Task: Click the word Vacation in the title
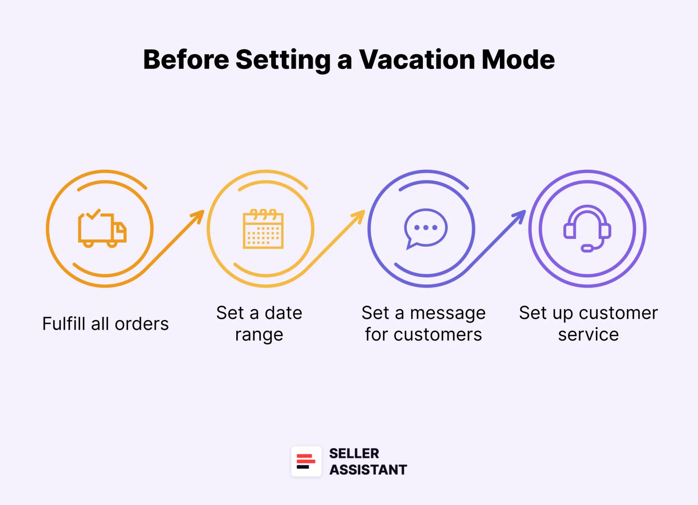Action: pyautogui.click(x=417, y=60)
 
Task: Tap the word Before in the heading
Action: pyautogui.click(x=186, y=60)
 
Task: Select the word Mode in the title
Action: pyautogui.click(x=518, y=60)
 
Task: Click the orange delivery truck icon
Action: pyautogui.click(x=102, y=229)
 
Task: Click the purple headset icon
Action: pyautogui.click(x=587, y=229)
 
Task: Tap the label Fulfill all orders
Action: pyautogui.click(x=105, y=324)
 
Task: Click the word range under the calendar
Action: pyautogui.click(x=259, y=335)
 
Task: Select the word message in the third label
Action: pyautogui.click(x=448, y=313)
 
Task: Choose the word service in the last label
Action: pyautogui.click(x=588, y=334)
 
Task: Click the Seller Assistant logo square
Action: pyautogui.click(x=306, y=461)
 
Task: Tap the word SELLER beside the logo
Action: pyautogui.click(x=354, y=453)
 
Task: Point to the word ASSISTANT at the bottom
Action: pyautogui.click(x=368, y=470)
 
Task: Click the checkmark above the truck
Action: pyautogui.click(x=93, y=214)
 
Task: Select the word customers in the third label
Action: pyautogui.click(x=438, y=334)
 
